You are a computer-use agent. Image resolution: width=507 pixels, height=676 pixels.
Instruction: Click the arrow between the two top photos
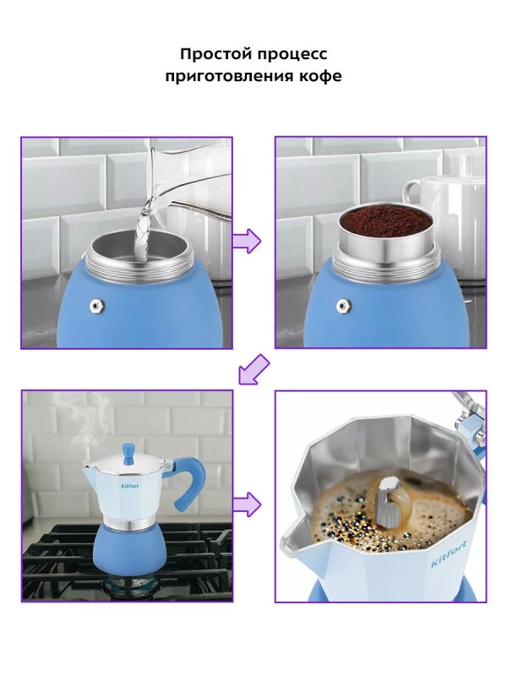click(247, 241)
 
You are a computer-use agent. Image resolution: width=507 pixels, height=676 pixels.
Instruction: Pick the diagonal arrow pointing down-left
click(254, 369)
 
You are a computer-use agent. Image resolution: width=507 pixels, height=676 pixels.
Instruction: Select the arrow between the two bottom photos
click(247, 504)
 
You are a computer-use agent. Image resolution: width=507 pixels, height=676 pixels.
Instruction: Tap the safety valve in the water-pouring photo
click(96, 306)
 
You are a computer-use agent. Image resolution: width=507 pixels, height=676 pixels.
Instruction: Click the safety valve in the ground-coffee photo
click(344, 306)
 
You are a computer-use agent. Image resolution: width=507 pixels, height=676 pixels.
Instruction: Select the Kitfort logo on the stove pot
click(129, 487)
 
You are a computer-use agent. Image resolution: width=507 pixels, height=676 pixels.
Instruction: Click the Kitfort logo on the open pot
click(449, 553)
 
